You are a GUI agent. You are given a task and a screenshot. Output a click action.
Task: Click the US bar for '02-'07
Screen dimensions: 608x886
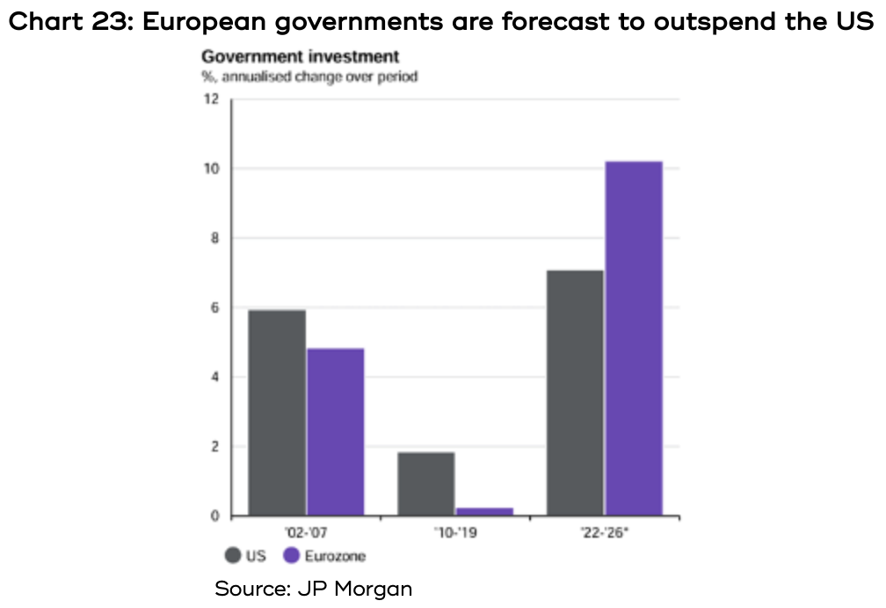click(277, 412)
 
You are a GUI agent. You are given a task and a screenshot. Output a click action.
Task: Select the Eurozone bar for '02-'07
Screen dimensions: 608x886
click(335, 431)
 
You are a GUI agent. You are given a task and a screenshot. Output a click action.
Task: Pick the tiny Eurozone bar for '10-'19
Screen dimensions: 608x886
click(484, 511)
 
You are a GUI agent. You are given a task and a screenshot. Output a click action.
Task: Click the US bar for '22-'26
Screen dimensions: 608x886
click(576, 393)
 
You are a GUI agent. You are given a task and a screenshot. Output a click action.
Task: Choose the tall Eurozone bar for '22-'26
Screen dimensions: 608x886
click(634, 338)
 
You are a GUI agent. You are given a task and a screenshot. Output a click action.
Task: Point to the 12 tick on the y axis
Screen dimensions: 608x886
click(211, 98)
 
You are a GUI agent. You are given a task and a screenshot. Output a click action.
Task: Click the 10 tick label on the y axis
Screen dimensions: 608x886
click(211, 168)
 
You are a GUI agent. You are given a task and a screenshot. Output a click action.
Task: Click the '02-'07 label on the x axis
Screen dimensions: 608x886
click(306, 533)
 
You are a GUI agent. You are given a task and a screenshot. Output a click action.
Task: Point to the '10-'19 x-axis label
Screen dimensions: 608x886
click(455, 533)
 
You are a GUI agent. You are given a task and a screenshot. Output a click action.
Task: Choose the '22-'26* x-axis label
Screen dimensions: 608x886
click(605, 533)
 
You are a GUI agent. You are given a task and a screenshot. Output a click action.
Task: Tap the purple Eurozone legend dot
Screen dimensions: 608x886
click(292, 555)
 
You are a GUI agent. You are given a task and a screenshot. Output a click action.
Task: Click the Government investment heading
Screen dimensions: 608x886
click(300, 57)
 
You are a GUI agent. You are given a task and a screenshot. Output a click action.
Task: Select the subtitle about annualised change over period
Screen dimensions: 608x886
click(309, 76)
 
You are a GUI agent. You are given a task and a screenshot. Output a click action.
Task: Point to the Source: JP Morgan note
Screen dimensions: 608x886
click(314, 588)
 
